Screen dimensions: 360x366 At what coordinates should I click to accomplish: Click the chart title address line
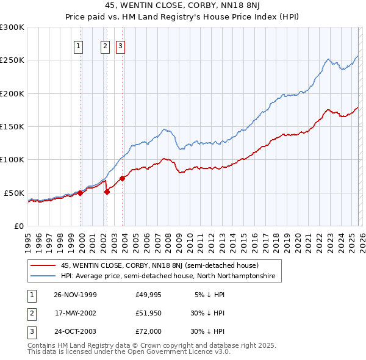click(183, 6)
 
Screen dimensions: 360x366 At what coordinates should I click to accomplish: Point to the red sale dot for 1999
click(81, 193)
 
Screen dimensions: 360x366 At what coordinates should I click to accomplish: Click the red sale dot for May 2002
click(107, 192)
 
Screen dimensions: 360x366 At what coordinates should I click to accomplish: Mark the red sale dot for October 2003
click(123, 178)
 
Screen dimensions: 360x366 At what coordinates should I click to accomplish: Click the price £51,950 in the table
click(149, 313)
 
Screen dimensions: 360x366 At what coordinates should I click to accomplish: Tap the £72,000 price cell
click(149, 331)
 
